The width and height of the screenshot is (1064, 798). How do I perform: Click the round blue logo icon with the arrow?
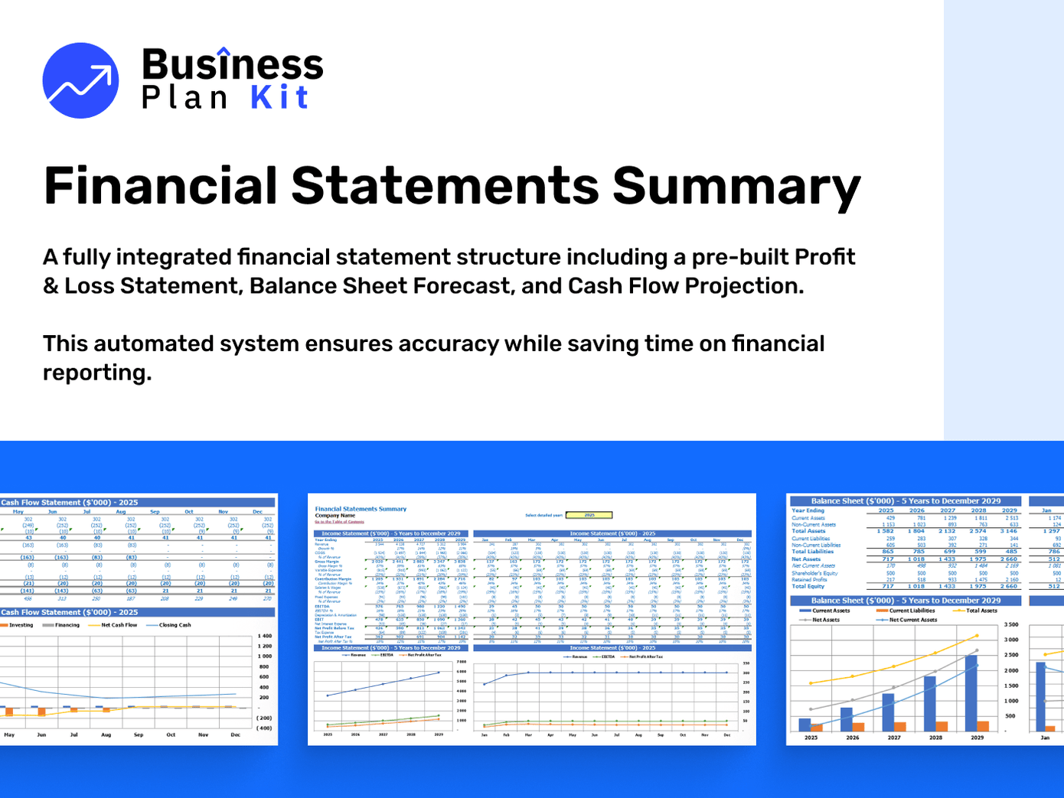point(80,80)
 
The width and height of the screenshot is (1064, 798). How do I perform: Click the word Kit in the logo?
point(279,98)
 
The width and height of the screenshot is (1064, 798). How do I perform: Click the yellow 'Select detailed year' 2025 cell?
point(590,515)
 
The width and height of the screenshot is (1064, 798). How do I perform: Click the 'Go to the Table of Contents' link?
point(339,522)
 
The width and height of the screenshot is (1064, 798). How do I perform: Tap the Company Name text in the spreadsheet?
point(335,516)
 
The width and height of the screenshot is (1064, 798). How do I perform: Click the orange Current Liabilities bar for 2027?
point(900,726)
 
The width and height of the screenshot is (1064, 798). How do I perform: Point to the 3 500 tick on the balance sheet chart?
point(1010,624)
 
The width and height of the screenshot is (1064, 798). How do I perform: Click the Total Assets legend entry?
point(981,611)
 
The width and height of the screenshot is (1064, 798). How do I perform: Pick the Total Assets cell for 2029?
point(1010,531)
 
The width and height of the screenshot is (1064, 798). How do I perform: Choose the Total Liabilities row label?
point(812,552)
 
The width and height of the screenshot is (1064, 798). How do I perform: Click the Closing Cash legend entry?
point(175,625)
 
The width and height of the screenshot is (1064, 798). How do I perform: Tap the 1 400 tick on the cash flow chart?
point(264,636)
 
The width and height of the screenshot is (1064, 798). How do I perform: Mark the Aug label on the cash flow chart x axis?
point(106,734)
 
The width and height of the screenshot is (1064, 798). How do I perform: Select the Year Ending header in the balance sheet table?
point(808,510)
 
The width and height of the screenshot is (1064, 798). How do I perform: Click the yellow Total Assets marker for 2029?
point(977,636)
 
